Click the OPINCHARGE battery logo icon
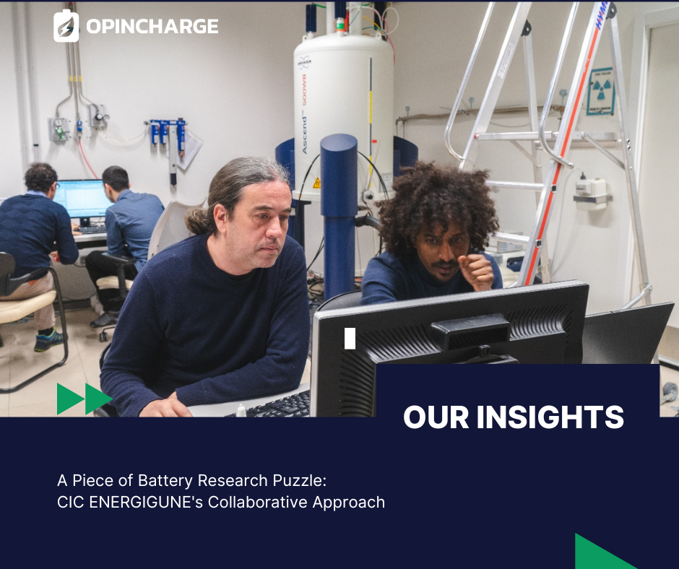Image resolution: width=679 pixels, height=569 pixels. pyautogui.click(x=66, y=26)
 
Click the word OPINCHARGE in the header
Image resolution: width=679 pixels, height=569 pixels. pyautogui.click(x=152, y=27)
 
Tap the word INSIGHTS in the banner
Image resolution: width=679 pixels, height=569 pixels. pyautogui.click(x=550, y=417)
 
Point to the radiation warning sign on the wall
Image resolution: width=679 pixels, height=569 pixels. pyautogui.click(x=600, y=92)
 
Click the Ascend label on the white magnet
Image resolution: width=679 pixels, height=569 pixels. pyautogui.click(x=304, y=131)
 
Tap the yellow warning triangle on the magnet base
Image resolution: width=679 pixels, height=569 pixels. pyautogui.click(x=316, y=183)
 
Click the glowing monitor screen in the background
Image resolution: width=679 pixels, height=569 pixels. pyautogui.click(x=82, y=199)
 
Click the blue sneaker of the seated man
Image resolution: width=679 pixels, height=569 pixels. pyautogui.click(x=48, y=340)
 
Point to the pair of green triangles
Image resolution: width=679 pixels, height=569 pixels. pyautogui.click(x=85, y=399)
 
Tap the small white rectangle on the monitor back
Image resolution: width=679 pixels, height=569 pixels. pyautogui.click(x=350, y=338)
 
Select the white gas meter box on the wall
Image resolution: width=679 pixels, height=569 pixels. pyautogui.click(x=591, y=194)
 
